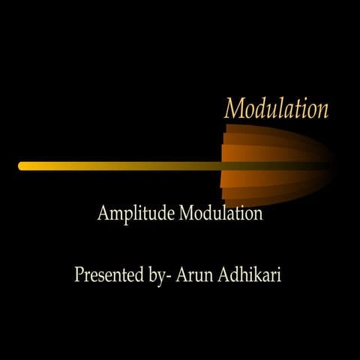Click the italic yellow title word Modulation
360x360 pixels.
[276, 109]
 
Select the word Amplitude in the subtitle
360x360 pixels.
[136, 214]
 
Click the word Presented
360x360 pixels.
[105, 274]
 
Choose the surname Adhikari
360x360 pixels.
[250, 274]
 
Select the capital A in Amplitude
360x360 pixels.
[103, 214]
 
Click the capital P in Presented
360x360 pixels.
[79, 274]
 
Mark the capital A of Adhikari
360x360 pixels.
[225, 274]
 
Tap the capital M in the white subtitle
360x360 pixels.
[187, 214]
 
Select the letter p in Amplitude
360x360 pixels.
[124, 216]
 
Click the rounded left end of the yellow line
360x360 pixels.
[22, 166]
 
